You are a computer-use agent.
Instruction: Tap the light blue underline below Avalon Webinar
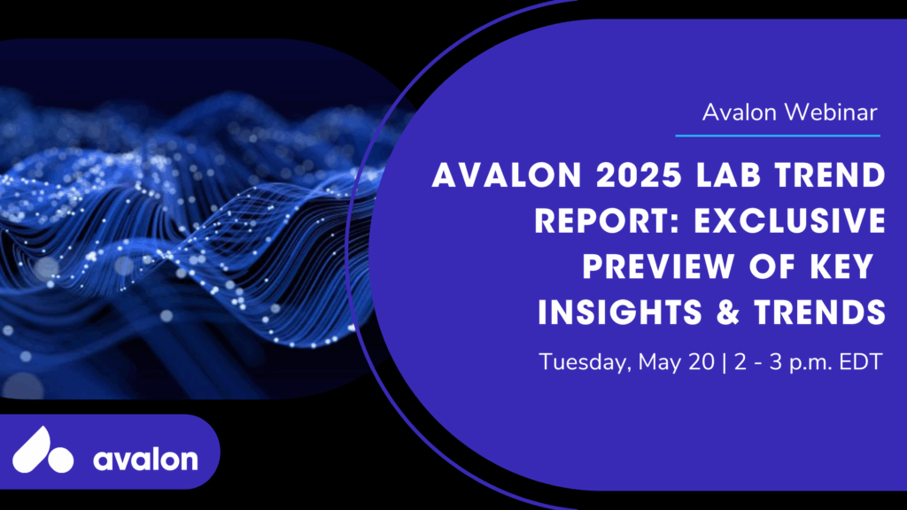(x=778, y=135)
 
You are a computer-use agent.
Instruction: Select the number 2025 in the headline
(x=640, y=175)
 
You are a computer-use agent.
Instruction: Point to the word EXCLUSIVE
(x=789, y=220)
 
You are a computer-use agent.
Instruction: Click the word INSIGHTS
(x=620, y=313)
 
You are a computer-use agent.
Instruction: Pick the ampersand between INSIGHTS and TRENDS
(x=728, y=313)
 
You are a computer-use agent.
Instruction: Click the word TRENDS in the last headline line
(x=819, y=313)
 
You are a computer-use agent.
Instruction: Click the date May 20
(x=676, y=362)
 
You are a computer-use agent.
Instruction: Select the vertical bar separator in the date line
(x=725, y=362)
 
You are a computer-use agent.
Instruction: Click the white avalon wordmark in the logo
(x=145, y=460)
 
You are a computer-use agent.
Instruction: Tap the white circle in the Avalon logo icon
(x=60, y=460)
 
